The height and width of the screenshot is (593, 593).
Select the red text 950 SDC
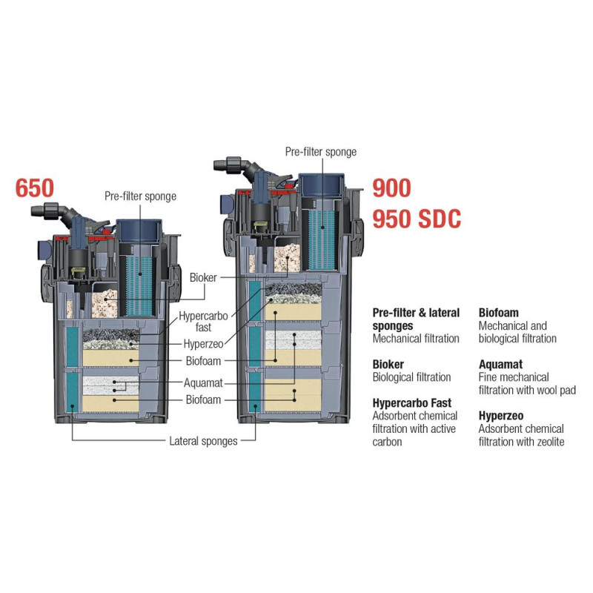(417, 219)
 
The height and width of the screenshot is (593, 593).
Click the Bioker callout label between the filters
(202, 277)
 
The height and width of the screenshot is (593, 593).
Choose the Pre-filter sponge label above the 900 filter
(321, 152)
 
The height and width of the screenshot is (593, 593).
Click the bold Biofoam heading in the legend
(500, 313)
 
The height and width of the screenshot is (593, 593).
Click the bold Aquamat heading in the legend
(501, 365)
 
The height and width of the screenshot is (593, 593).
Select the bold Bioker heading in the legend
(388, 365)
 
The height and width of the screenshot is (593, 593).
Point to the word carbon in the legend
(388, 442)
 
